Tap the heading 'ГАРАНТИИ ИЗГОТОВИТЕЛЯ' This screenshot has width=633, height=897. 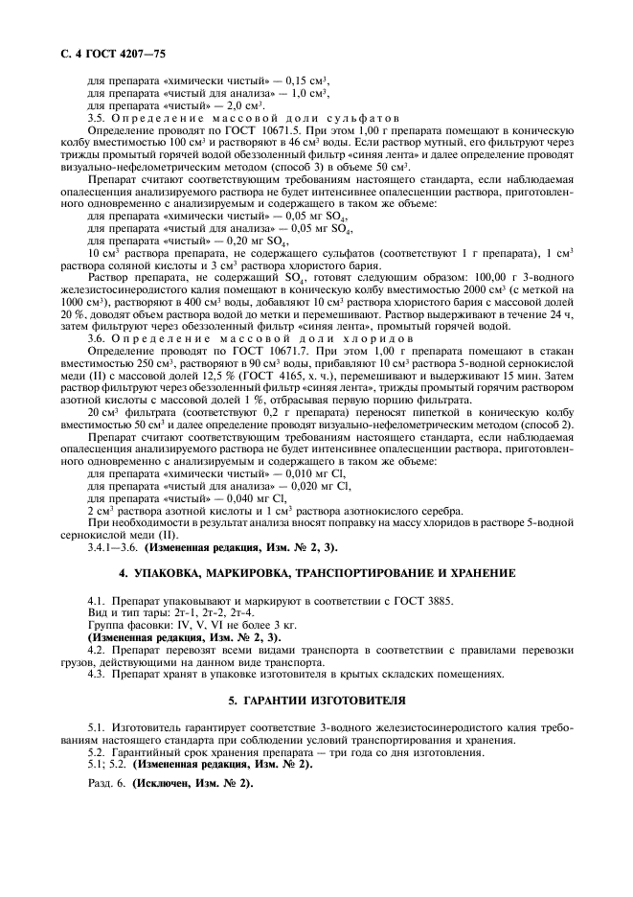[x=315, y=701]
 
